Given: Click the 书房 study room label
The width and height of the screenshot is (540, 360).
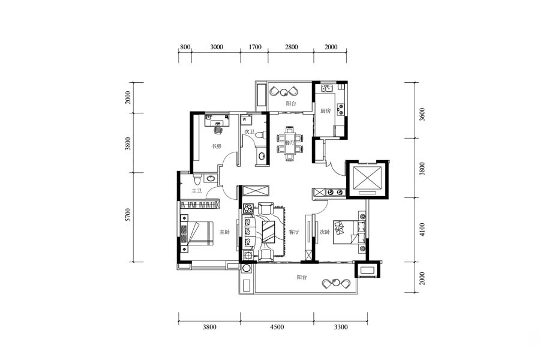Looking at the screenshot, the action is point(216,146).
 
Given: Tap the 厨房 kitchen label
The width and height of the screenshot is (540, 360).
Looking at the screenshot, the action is point(325,111).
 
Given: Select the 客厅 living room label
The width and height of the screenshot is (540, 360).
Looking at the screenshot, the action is point(294,232).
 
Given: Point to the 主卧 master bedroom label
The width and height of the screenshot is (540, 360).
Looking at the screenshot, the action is point(224,232).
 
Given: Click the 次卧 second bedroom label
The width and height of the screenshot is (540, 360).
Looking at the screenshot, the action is point(325,232).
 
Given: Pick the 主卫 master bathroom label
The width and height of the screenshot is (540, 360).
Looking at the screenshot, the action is point(197,191).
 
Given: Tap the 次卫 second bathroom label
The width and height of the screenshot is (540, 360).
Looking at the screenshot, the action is point(250,131).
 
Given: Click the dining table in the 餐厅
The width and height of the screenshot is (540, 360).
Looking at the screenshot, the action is point(289,143).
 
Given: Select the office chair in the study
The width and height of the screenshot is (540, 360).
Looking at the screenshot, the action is point(218,130).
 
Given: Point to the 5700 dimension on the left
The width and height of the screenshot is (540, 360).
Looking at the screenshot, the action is point(128,215).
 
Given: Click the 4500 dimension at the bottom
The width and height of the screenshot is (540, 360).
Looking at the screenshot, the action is point(277,327).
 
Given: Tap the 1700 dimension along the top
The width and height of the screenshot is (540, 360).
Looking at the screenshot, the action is point(255,47).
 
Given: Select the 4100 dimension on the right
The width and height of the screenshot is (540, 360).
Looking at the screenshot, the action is point(422,230).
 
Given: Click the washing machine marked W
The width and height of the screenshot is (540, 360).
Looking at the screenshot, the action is point(246,120).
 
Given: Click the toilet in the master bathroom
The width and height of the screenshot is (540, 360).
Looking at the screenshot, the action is point(197,180).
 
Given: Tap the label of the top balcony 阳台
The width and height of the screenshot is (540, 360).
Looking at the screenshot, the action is point(291,103).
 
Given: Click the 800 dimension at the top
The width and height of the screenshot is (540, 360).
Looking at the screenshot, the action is point(185,47).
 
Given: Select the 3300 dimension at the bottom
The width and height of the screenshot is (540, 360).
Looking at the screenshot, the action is point(341,327).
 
